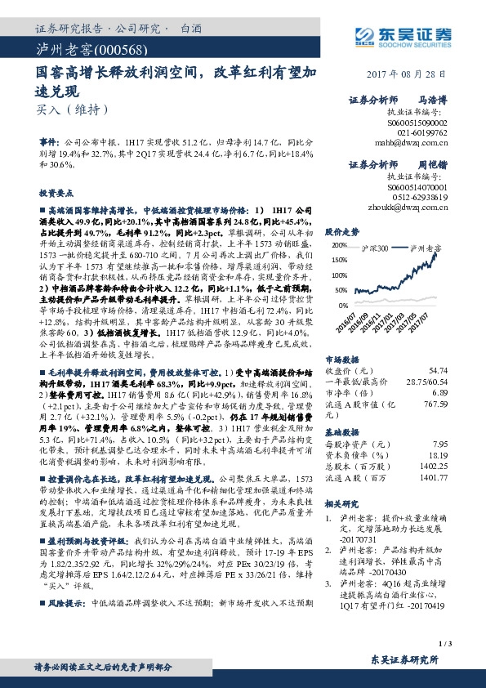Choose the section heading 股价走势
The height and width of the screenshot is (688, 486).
[342, 231]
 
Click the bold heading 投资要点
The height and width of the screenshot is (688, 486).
[56, 192]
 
